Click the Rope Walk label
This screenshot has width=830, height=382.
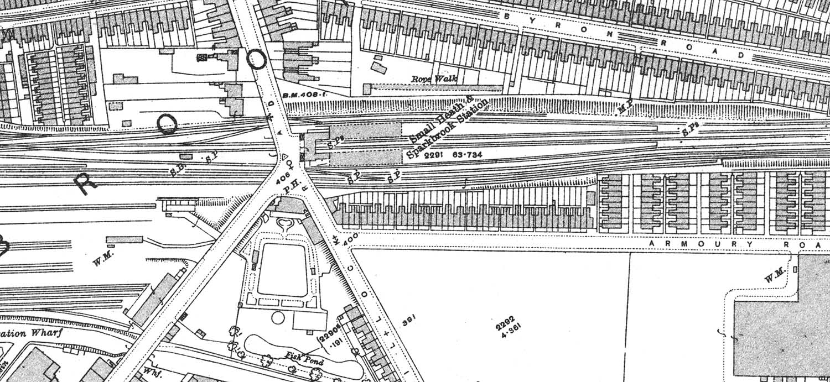click(435, 79)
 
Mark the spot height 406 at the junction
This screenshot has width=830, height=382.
click(282, 178)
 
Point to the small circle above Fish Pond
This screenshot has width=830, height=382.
click(278, 318)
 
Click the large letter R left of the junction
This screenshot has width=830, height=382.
click(85, 183)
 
